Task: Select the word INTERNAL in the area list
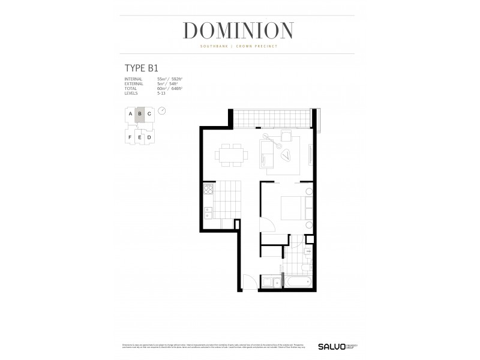[133, 79]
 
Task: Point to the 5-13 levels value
[160, 93]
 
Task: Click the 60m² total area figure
[161, 88]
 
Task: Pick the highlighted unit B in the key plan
[139, 113]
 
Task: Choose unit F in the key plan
[130, 137]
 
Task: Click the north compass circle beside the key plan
[162, 110]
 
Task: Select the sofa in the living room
[266, 154]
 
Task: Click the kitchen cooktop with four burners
[208, 191]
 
